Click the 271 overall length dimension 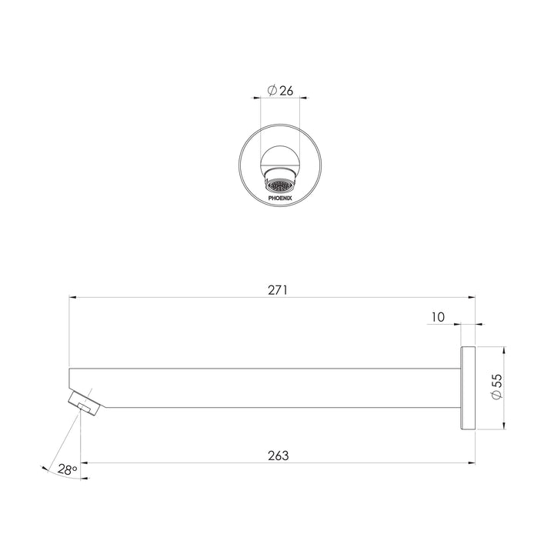(x=278, y=290)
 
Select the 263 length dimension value (x=279, y=456)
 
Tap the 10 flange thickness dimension (x=438, y=317)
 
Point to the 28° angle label (x=68, y=469)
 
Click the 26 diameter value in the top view (x=286, y=91)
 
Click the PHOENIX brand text (x=280, y=199)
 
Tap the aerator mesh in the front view (x=280, y=186)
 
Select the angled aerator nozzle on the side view (x=84, y=403)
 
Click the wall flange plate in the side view (x=468, y=388)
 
